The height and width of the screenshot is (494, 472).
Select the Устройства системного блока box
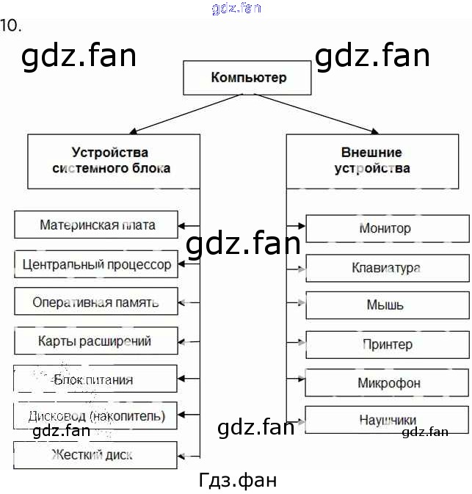click(x=113, y=161)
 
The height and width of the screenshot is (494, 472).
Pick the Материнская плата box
click(x=96, y=225)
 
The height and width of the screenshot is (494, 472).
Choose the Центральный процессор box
click(x=96, y=264)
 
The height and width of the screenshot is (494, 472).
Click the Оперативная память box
click(x=96, y=302)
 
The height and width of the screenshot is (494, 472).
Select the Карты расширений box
click(x=96, y=341)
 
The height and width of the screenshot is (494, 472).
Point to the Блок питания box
click(x=96, y=379)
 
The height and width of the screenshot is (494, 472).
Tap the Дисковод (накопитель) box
click(x=96, y=417)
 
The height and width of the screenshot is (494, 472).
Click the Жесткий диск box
click(x=96, y=455)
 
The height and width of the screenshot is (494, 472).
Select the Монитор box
click(x=387, y=228)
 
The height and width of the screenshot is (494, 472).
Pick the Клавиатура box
click(x=387, y=268)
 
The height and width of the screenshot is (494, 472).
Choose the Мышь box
click(x=387, y=305)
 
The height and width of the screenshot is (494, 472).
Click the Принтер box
click(x=387, y=344)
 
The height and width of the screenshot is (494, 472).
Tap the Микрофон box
click(x=387, y=382)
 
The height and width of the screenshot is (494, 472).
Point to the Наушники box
click(x=387, y=421)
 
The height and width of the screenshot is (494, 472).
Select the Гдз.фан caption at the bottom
click(x=238, y=480)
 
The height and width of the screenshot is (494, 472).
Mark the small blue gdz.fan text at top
click(x=236, y=9)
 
